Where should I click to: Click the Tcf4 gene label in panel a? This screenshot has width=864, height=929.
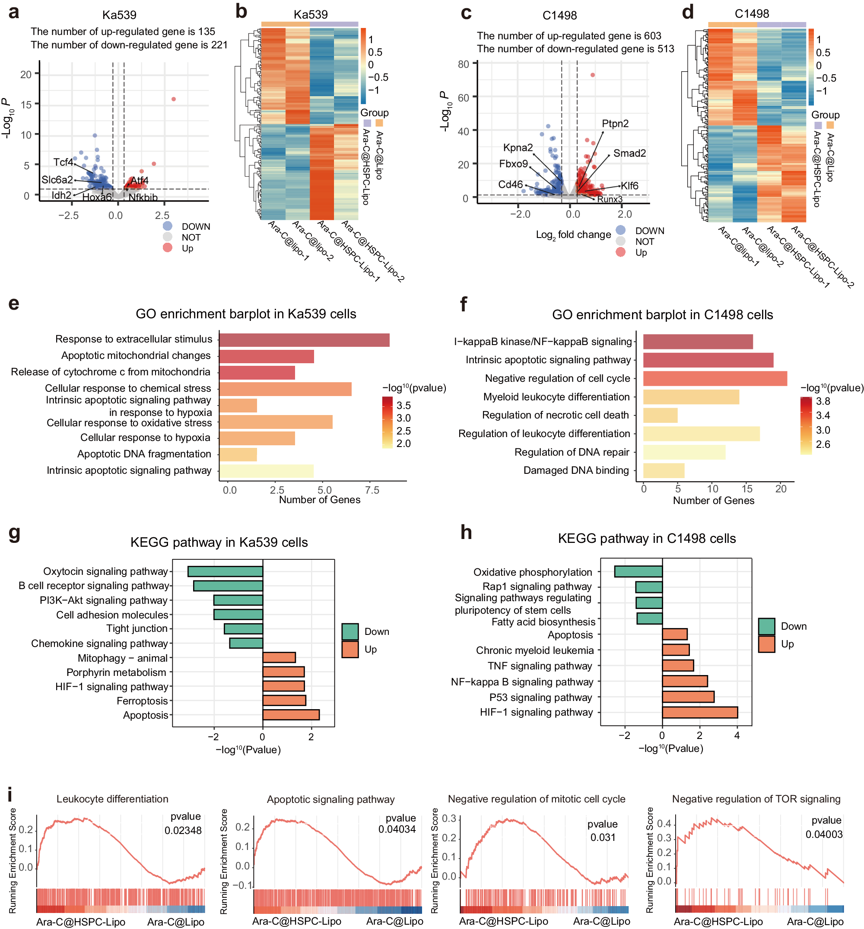[63, 162]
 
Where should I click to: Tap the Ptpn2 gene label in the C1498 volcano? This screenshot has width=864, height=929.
[615, 124]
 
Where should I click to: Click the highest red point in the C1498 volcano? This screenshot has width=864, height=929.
[592, 75]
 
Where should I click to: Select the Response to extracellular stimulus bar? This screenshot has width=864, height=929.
[304, 340]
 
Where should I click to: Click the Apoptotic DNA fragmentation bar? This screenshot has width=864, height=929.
[238, 454]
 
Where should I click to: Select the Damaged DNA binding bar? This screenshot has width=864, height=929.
[664, 471]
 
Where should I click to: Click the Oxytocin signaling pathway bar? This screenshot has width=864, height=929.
[225, 571]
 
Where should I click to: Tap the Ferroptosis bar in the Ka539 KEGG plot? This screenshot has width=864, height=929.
[284, 701]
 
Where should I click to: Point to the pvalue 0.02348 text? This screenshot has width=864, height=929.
[183, 831]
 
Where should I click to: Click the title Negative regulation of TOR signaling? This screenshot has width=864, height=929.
[756, 799]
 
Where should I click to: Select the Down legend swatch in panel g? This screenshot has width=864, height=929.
[350, 632]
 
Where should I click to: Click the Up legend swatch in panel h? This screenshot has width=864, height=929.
[766, 644]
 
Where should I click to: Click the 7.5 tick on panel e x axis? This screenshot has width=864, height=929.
[372, 490]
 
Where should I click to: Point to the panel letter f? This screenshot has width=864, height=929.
[464, 304]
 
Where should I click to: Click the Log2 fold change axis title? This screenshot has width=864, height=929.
[573, 235]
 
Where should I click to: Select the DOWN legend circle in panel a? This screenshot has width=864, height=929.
[167, 226]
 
